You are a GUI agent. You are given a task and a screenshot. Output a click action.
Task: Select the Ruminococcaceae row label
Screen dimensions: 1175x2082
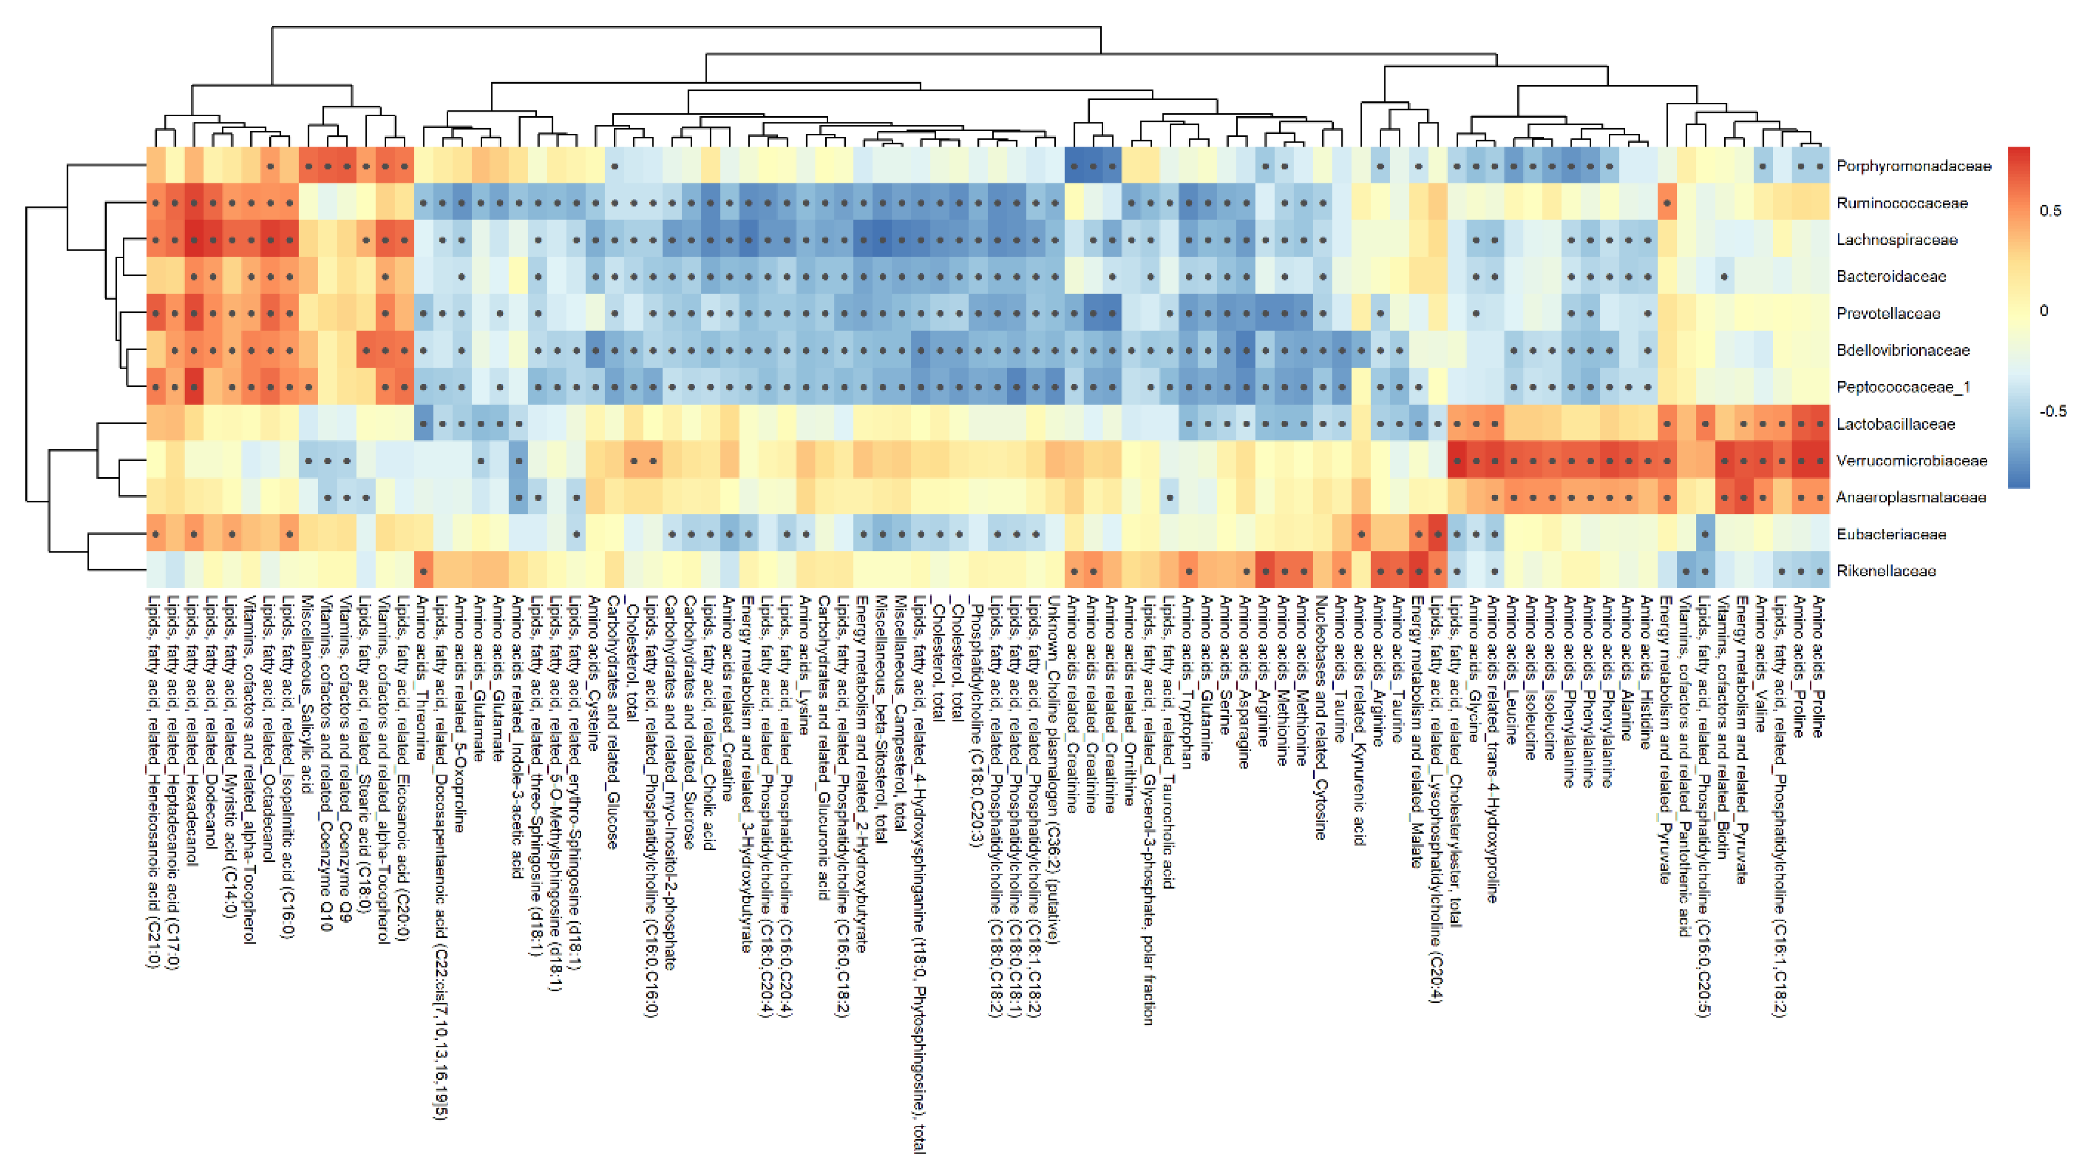(1901, 203)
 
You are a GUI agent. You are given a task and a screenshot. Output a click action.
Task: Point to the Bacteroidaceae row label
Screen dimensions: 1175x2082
(1891, 276)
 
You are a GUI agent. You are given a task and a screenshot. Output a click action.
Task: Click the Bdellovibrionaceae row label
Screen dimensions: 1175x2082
(1903, 350)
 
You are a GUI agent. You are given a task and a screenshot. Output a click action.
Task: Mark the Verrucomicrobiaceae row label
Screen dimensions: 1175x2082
(1911, 461)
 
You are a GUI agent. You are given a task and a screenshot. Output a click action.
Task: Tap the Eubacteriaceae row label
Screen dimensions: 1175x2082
(1891, 534)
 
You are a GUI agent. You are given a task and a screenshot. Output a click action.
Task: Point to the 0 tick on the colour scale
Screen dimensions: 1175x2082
(2044, 310)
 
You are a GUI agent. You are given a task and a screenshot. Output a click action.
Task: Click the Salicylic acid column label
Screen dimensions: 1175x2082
(306, 695)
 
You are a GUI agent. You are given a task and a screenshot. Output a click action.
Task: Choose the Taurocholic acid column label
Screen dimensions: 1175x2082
(1168, 744)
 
